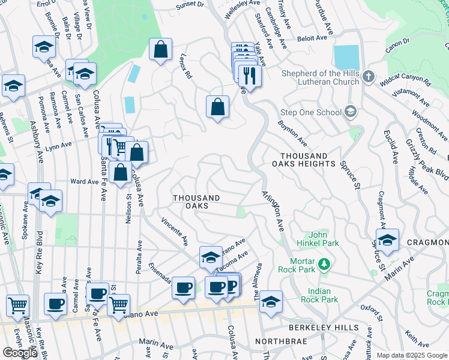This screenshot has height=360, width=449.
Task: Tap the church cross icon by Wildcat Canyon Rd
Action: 369,77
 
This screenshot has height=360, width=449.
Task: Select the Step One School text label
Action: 310,112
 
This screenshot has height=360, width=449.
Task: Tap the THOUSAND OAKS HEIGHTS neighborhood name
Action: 303,160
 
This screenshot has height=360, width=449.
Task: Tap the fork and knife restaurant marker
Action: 249,76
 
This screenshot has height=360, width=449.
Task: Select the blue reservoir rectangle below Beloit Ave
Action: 346,58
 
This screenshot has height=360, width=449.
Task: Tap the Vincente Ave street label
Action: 175,232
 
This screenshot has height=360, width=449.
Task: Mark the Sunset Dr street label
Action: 190,5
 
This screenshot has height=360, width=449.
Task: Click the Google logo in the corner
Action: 20,353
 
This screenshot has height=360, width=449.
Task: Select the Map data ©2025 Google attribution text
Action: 411,355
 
